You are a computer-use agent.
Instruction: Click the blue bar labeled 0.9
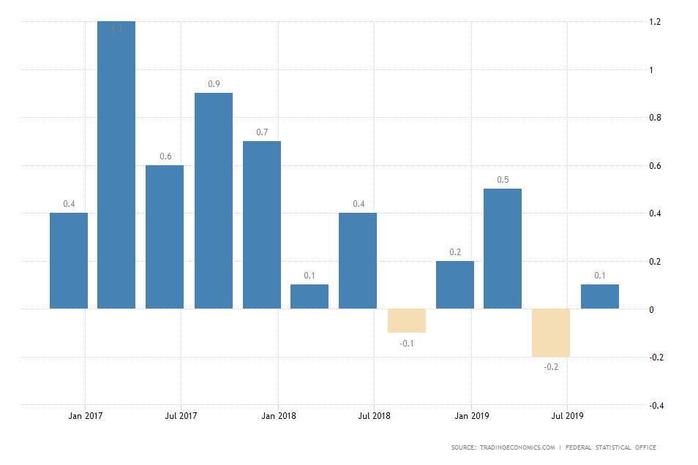pyautogui.click(x=213, y=200)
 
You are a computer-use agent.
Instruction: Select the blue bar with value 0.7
pyautogui.click(x=262, y=224)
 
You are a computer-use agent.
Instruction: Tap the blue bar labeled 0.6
pyautogui.click(x=165, y=236)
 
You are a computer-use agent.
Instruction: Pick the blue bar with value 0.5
pyautogui.click(x=503, y=249)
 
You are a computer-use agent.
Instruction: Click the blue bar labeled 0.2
pyautogui.click(x=454, y=284)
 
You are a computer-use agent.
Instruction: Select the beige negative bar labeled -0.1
pyautogui.click(x=406, y=321)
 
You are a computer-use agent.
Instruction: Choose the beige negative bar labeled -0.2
pyautogui.click(x=551, y=333)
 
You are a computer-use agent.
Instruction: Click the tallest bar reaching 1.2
pyautogui.click(x=116, y=165)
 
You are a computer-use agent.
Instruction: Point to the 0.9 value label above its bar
pyautogui.click(x=214, y=84)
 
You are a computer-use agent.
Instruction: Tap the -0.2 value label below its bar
pyautogui.click(x=551, y=366)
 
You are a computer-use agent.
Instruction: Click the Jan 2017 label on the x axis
pyautogui.click(x=86, y=416)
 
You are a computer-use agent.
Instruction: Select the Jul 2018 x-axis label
pyautogui.click(x=374, y=416)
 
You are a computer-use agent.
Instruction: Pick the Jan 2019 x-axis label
pyautogui.click(x=472, y=416)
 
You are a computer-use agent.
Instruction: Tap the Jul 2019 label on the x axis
pyautogui.click(x=568, y=416)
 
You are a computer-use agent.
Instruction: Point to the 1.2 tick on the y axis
pyautogui.click(x=655, y=22)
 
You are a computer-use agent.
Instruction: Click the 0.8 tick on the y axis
pyautogui.click(x=655, y=118)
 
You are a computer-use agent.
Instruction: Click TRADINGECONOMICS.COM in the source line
pyautogui.click(x=517, y=447)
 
